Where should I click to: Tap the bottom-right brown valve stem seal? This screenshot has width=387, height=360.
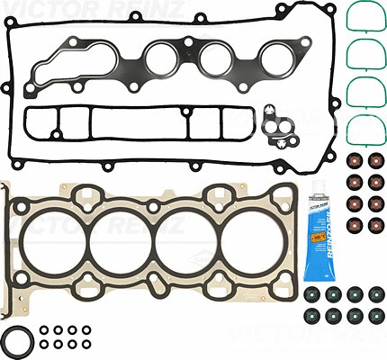click(x=372, y=223)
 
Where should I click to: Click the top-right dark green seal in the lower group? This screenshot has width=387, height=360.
click(x=372, y=296)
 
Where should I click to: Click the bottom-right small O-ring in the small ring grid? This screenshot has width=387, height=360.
click(x=84, y=344)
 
